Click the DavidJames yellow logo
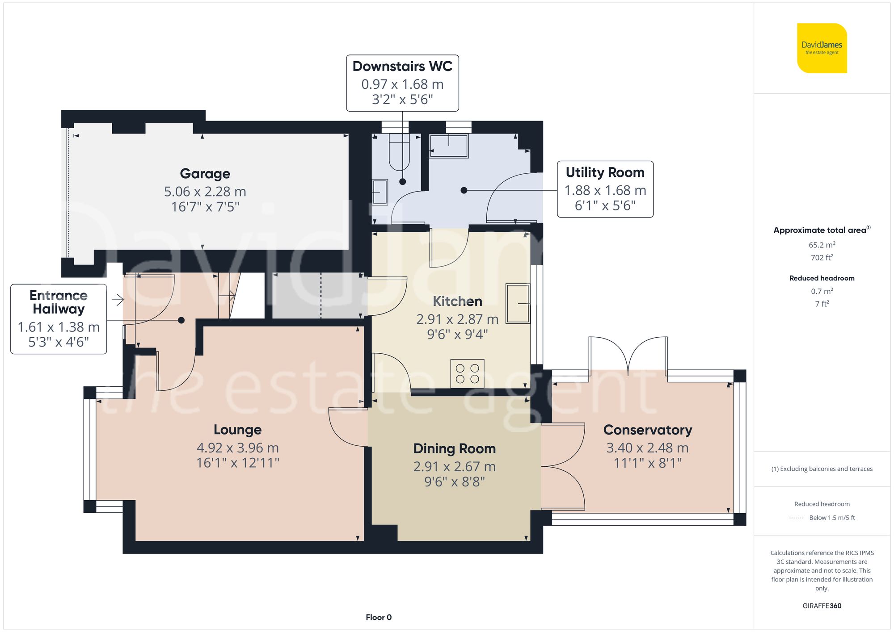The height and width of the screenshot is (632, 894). point(822,48)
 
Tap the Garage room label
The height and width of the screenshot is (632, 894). point(205,174)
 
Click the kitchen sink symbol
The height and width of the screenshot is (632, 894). point(518,304)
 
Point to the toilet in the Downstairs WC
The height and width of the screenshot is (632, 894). point(399,152)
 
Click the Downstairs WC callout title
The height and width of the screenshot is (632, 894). point(402,67)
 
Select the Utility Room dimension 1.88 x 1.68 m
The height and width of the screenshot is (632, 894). point(605,191)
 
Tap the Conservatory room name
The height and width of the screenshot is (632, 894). point(647,430)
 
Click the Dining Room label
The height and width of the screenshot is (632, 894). point(454,449)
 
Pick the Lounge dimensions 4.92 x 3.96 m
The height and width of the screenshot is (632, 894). point(237,448)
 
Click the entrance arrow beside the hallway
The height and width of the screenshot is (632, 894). point(118,300)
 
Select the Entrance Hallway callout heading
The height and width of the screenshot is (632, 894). point(59,302)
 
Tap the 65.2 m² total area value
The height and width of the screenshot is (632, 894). point(822,245)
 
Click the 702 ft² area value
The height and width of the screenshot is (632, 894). point(822,258)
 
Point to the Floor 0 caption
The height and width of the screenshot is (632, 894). point(378,617)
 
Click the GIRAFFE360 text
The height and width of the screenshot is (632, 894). point(822,606)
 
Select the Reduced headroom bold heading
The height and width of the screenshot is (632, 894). point(822,278)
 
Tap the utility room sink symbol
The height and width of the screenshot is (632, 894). point(449,146)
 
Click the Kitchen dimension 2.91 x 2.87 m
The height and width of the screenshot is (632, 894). point(457,319)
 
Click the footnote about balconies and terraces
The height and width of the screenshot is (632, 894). point(822,469)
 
